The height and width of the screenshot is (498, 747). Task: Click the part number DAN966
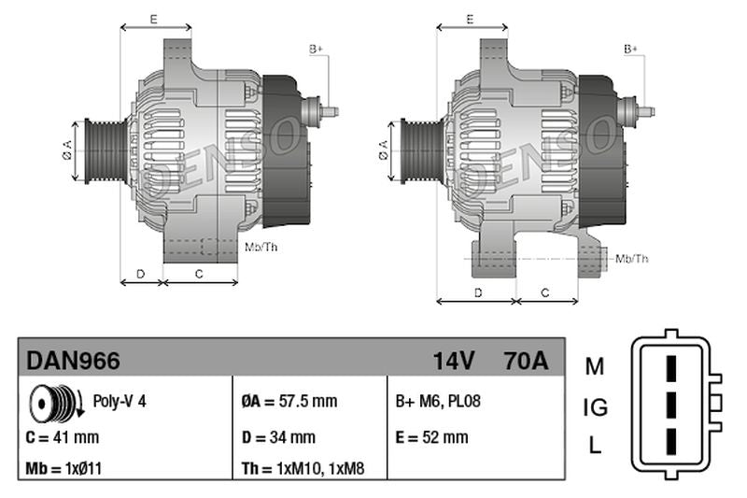(74, 360)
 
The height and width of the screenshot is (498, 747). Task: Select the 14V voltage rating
(454, 360)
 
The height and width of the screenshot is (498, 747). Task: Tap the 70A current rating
(525, 360)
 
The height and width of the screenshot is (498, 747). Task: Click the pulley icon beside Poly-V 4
(52, 403)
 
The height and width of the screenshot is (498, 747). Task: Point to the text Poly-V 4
(120, 402)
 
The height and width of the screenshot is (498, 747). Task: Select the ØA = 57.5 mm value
(289, 402)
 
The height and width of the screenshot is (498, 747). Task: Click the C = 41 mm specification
(63, 436)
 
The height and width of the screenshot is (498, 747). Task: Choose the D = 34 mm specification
(278, 436)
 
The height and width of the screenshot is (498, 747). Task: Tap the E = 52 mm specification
(432, 436)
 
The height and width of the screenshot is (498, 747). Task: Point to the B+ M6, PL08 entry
(440, 402)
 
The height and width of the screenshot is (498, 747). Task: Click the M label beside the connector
(595, 366)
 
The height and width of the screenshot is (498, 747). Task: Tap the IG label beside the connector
(595, 406)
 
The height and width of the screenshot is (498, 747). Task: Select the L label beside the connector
(595, 447)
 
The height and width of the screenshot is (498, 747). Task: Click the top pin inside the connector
(669, 367)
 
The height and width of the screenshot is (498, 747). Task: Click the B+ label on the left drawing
(316, 48)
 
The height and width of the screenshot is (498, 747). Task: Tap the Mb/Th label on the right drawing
(632, 258)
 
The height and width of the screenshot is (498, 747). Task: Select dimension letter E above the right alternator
(471, 18)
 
